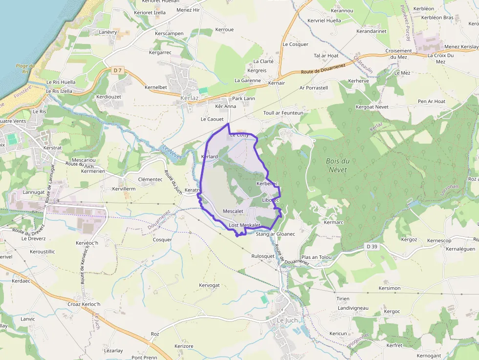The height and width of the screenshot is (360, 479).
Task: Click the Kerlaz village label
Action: [x=189, y=98]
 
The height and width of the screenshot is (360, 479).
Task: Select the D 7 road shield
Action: [x=117, y=71]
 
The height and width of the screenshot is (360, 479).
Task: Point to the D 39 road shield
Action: [x=372, y=247]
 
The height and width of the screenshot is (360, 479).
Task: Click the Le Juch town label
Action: [x=287, y=320]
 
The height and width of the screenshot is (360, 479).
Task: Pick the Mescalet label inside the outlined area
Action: [x=233, y=211]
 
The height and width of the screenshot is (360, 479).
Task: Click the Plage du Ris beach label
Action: [x=25, y=69]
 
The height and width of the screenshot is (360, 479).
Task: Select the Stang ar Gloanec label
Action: [x=276, y=234]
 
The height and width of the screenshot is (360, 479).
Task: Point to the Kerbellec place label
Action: [x=267, y=184]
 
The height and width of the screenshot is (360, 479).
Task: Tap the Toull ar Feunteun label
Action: [x=283, y=113]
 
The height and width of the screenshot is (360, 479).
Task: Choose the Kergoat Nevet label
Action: [x=371, y=106]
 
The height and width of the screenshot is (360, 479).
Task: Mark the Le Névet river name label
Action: [x=172, y=153]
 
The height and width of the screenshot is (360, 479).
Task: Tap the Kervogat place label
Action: [x=209, y=285]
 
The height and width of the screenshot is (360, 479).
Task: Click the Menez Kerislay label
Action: [x=461, y=46]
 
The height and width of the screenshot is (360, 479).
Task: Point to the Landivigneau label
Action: [x=352, y=308]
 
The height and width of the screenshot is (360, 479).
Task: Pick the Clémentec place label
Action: [x=150, y=179]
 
